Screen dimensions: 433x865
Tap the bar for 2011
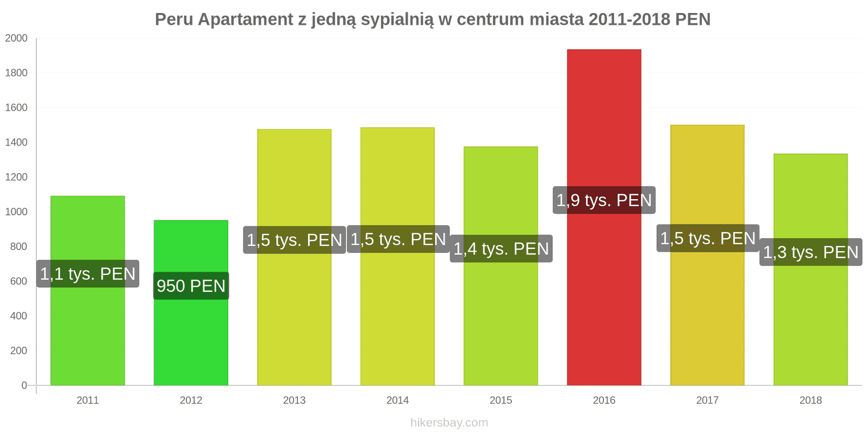tap(88, 336)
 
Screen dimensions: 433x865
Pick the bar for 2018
tap(810, 325)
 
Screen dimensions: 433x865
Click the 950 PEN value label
tap(191, 286)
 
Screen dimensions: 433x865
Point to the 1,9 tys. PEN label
tap(604, 200)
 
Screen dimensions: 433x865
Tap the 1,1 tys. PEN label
tap(88, 274)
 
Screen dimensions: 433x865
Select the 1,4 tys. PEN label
tap(501, 248)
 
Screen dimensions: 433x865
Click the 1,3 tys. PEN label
tap(810, 252)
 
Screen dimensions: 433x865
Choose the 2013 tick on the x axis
tap(294, 401)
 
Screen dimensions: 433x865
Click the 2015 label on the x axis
tap(501, 401)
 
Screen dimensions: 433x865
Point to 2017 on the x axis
tap(707, 401)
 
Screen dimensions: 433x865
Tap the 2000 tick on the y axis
tap(16, 38)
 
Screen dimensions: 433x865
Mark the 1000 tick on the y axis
tap(16, 212)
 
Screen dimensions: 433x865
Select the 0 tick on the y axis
tap(24, 385)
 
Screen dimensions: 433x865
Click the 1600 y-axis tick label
tap(16, 108)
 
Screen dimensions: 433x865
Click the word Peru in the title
tap(174, 19)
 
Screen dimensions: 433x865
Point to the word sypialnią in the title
tap(397, 19)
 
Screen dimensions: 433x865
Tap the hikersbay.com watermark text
tap(449, 423)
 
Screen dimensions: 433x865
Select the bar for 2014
tap(397, 325)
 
